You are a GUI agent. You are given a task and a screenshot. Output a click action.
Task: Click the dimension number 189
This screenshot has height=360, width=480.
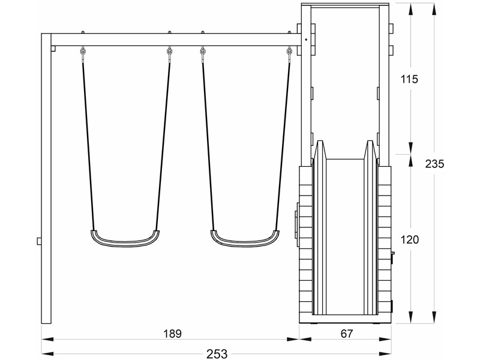(172, 334)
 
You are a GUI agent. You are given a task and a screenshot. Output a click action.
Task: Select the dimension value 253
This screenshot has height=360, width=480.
(217, 354)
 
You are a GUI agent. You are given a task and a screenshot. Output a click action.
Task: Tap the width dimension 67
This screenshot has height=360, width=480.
(347, 334)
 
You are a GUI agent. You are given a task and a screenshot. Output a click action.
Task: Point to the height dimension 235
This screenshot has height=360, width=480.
(434, 164)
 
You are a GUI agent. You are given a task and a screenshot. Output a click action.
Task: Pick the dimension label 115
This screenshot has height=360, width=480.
(409, 79)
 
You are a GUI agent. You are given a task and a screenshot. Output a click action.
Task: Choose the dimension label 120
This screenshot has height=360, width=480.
(410, 239)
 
